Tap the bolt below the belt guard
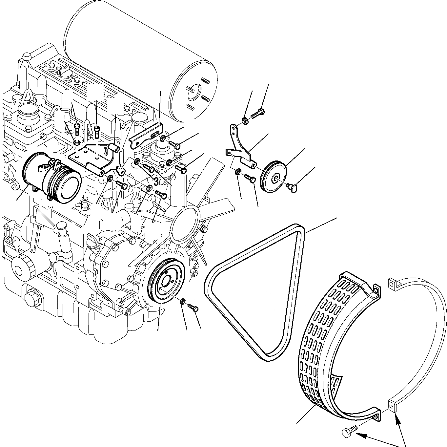pyautogui.click(x=348, y=432)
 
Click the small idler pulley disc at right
pyautogui.click(x=273, y=177)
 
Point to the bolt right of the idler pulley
pyautogui.click(x=292, y=188)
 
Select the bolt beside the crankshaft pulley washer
pyautogui.click(x=193, y=308)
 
